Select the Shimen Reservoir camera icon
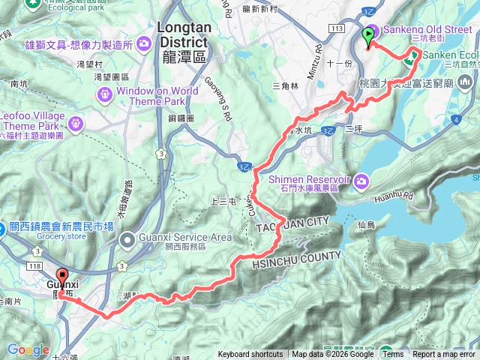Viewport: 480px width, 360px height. tap(361, 180)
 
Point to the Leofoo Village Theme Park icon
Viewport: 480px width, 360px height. tap(76, 122)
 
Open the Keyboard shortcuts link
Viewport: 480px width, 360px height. tap(250, 355)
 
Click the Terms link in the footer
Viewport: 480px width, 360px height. tap(393, 355)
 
